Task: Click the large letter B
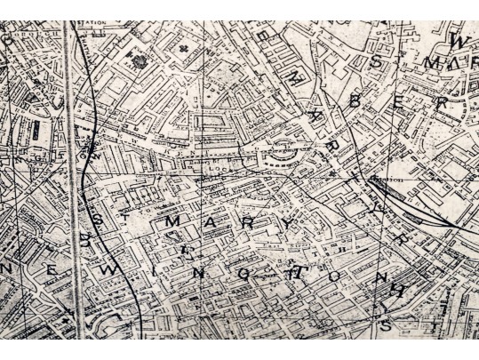(x=355, y=101)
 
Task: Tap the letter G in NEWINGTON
(x=243, y=275)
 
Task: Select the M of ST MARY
(x=171, y=219)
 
